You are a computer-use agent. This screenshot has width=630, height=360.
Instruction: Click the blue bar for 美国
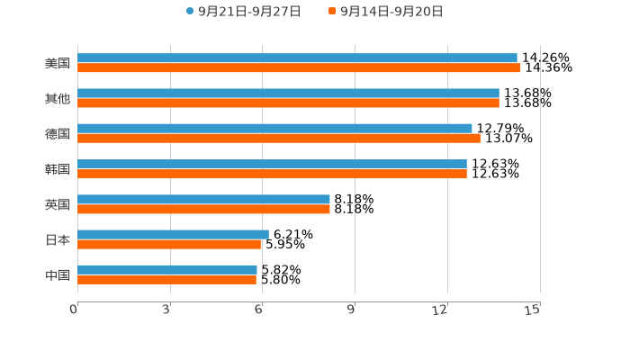click(297, 58)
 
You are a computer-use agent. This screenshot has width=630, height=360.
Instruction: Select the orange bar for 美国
click(299, 67)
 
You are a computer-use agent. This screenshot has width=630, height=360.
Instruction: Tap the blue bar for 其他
click(288, 93)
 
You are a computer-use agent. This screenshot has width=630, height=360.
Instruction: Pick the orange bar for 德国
click(279, 139)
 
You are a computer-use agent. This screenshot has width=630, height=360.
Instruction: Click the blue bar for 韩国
click(272, 164)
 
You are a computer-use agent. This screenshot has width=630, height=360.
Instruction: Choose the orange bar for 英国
click(203, 209)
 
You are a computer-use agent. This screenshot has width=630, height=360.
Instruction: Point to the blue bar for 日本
click(173, 234)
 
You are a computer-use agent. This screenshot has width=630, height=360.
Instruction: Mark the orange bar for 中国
click(166, 280)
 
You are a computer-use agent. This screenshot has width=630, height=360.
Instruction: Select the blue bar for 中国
click(167, 269)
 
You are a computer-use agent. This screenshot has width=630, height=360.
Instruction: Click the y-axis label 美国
click(58, 63)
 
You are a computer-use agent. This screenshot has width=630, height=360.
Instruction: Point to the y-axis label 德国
click(58, 133)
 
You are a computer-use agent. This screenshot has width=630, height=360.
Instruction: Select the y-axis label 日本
click(58, 239)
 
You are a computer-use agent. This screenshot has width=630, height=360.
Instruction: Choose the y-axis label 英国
click(58, 204)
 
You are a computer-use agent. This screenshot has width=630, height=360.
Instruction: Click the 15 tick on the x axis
click(533, 310)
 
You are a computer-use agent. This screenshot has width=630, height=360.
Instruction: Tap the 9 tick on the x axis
click(351, 310)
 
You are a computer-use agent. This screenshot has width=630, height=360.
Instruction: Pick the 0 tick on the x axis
click(75, 310)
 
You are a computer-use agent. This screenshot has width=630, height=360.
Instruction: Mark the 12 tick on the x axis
click(440, 310)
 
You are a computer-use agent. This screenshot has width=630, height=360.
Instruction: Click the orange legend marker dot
click(332, 12)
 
